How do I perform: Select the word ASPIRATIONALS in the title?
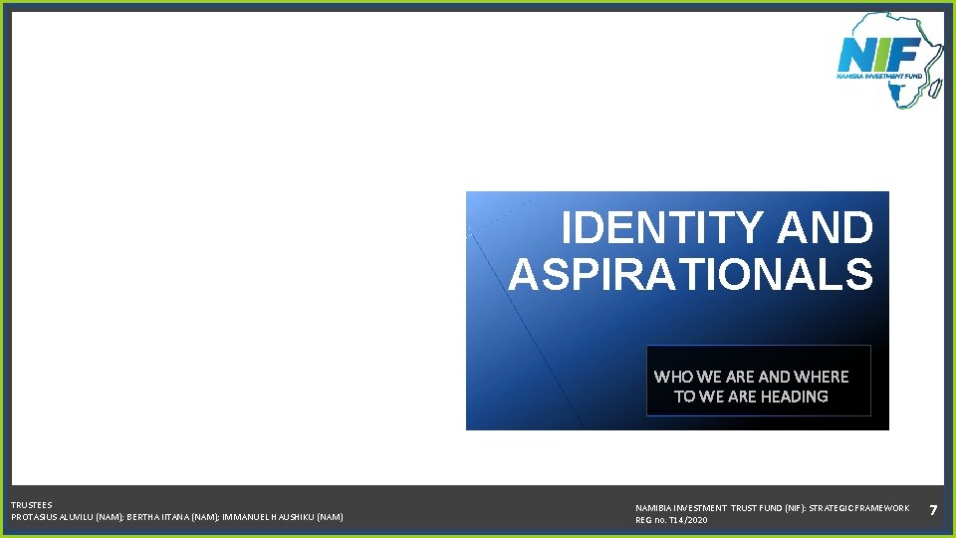pyautogui.click(x=690, y=274)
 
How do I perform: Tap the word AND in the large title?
pyautogui.click(x=825, y=228)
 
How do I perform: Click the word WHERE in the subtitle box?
pyautogui.click(x=822, y=377)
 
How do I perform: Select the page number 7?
pyautogui.click(x=933, y=510)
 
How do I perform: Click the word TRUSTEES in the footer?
pyautogui.click(x=32, y=505)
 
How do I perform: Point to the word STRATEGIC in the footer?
pyautogui.click(x=830, y=508)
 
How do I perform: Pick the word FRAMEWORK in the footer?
pyautogui.click(x=882, y=508)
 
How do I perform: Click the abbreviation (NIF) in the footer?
pyautogui.click(x=779, y=508)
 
